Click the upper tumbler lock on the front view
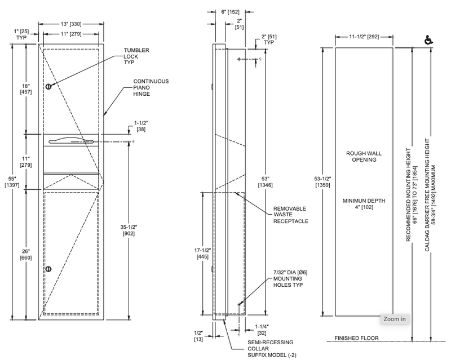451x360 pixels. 48,86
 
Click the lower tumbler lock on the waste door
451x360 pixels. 48,268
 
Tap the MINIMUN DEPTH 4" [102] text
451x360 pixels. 363,204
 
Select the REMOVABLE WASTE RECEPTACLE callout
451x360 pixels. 291,214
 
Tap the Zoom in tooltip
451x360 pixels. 395,319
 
